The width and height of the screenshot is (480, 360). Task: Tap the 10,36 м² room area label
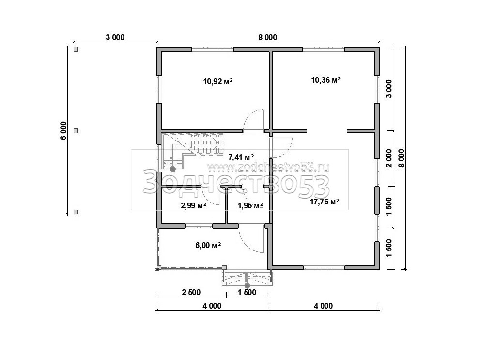coord(326,80)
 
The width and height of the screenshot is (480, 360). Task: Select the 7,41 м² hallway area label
coord(241,157)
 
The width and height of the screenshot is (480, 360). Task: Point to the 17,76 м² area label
coord(325,202)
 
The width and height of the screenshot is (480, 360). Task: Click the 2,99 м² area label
coord(193,205)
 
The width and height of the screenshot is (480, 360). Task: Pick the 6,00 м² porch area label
coord(208,245)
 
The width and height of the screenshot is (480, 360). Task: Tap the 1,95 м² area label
coord(250,205)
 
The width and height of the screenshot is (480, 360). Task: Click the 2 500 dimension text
coord(191,292)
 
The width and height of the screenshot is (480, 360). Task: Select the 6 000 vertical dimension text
coord(63,131)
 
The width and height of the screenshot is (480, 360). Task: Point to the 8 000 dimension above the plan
coord(268,37)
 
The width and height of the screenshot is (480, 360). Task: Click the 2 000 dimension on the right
coord(388,158)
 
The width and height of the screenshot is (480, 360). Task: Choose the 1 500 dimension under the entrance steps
coord(247,292)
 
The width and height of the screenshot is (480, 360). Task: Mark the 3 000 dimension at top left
coord(115,37)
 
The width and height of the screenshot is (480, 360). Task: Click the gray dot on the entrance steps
coord(248,285)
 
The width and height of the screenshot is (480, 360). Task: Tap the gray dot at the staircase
coord(173,169)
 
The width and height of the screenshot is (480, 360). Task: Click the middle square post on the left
coord(76,131)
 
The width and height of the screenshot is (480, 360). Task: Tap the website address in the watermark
coord(268,168)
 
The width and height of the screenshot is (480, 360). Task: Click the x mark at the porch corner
coord(157,269)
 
